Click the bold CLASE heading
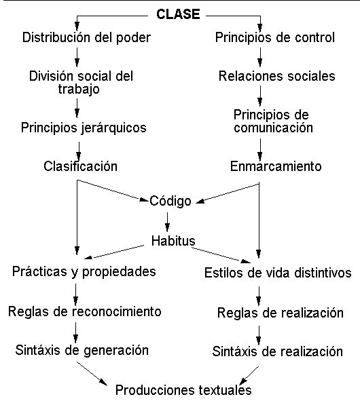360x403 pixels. (178, 14)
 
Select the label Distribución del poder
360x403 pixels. (86, 38)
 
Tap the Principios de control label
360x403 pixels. (275, 38)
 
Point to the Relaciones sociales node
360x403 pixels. (276, 76)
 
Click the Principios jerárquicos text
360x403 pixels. (84, 128)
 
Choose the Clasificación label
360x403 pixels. (80, 166)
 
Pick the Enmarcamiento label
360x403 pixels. (276, 166)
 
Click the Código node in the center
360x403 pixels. (170, 201)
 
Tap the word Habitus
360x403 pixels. (173, 241)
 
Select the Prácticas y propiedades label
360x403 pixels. (84, 272)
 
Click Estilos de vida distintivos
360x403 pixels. (278, 273)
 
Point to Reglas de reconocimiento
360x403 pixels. (85, 311)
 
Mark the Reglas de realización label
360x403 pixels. (281, 313)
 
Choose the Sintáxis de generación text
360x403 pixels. (82, 350)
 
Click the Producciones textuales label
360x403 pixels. (183, 390)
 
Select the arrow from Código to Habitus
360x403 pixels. (167, 222)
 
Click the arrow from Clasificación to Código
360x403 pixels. (113, 191)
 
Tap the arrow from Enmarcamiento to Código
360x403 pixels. (228, 193)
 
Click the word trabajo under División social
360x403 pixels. (79, 90)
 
